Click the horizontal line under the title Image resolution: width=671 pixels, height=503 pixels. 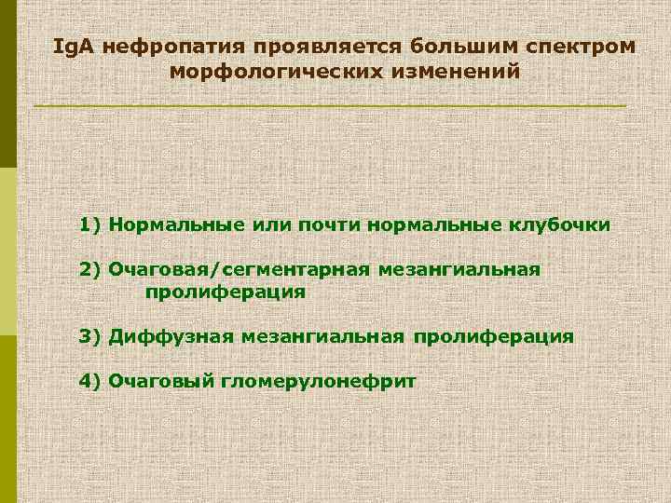[x=330, y=107]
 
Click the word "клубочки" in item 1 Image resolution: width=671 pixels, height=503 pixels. [x=559, y=224]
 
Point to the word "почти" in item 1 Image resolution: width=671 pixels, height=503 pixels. [x=330, y=224]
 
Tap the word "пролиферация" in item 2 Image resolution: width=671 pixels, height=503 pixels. [x=225, y=292]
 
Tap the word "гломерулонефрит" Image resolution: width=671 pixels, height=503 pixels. [x=319, y=381]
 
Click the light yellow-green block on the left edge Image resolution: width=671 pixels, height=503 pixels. [x=8, y=251]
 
